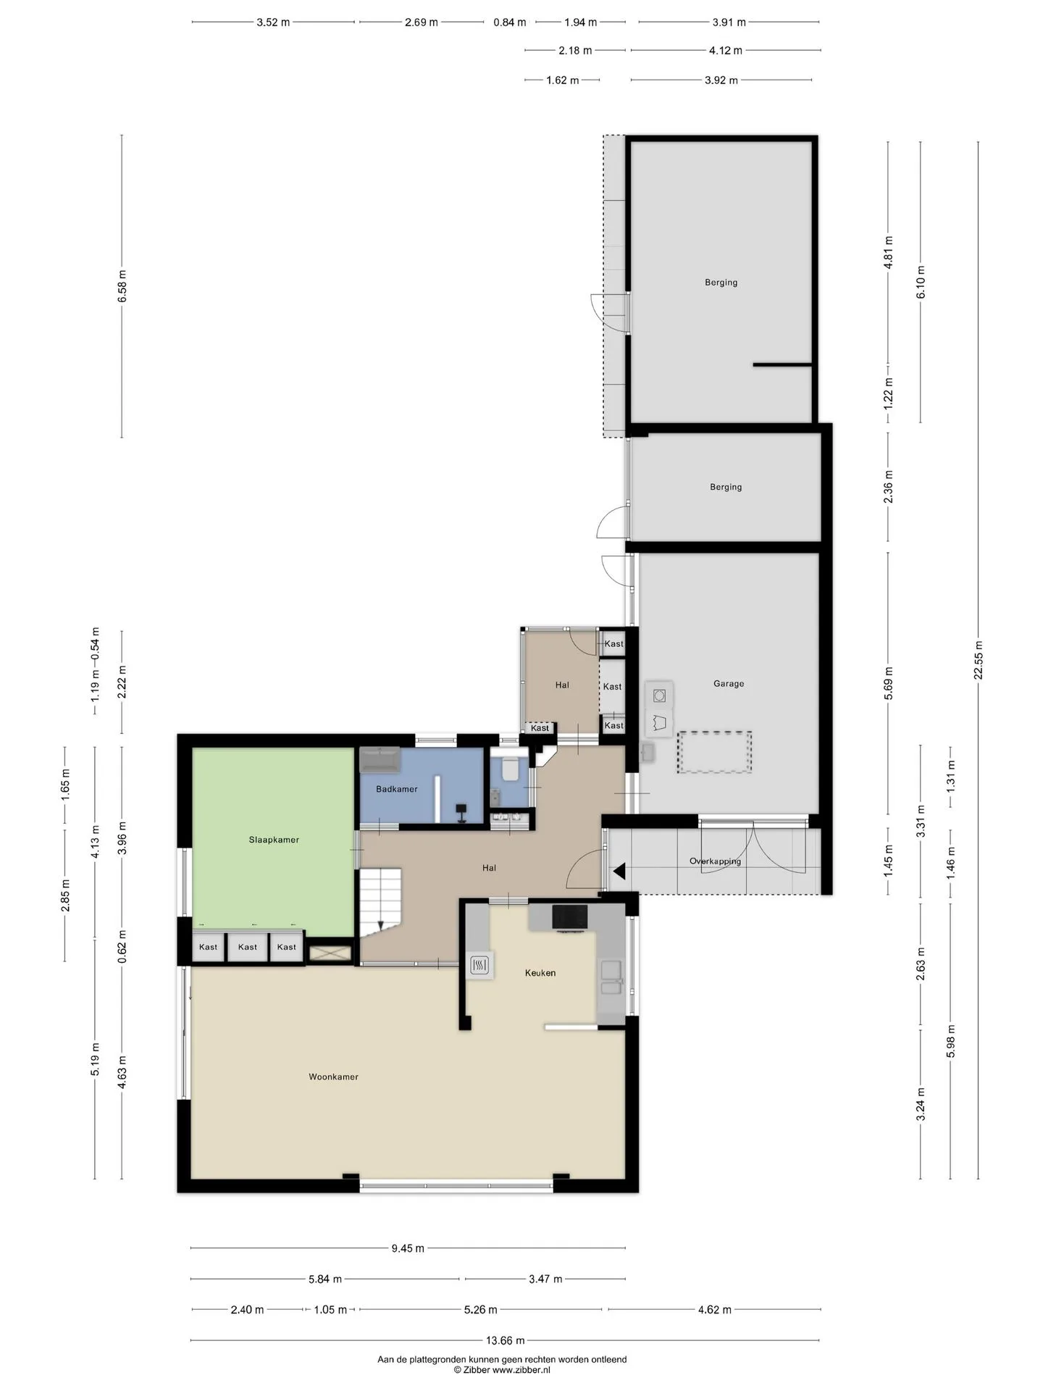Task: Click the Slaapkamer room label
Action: coord(274,840)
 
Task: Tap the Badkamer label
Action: coord(396,789)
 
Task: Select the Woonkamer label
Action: coord(333,1077)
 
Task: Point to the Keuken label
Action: coord(540,973)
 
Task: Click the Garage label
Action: coord(729,683)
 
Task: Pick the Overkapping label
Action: coord(715,861)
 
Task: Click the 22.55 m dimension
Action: coord(979,660)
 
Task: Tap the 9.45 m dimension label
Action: coord(408,1248)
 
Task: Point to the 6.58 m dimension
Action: coord(122,285)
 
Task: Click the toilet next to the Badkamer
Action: coord(510,769)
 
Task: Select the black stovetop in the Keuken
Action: coord(570,916)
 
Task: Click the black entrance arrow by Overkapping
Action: coord(619,872)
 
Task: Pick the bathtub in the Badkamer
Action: coord(380,760)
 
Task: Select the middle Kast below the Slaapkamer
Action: coord(247,947)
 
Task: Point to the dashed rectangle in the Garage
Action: coord(714,753)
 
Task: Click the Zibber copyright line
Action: coord(502,1370)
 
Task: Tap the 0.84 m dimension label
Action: coord(509,22)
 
